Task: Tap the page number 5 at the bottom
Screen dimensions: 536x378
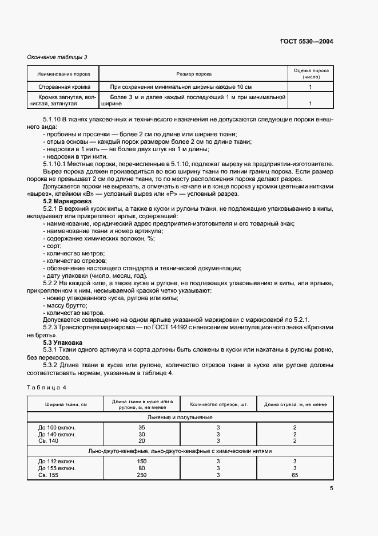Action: pyautogui.click(x=332, y=488)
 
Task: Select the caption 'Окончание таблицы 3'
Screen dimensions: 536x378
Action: pyautogui.click(x=58, y=57)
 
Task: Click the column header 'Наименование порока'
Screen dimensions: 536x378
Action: pyautogui.click(x=63, y=74)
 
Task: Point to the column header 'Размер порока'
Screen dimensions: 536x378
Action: pyautogui.click(x=195, y=74)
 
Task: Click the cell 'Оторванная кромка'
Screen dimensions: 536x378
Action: pyautogui.click(x=63, y=86)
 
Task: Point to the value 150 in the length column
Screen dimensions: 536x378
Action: pyautogui.click(x=142, y=460)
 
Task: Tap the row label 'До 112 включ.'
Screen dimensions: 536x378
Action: pyautogui.click(x=57, y=460)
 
